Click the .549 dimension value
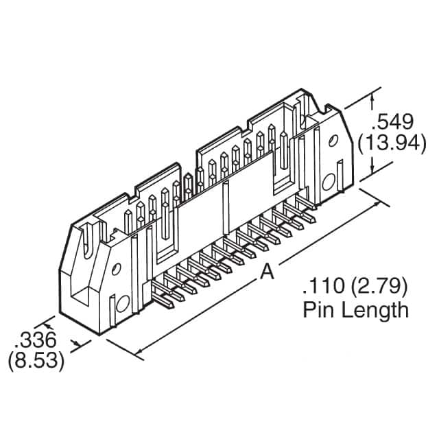(x=392, y=123)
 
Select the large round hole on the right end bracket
(x=329, y=181)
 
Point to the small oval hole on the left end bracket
(x=117, y=269)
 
